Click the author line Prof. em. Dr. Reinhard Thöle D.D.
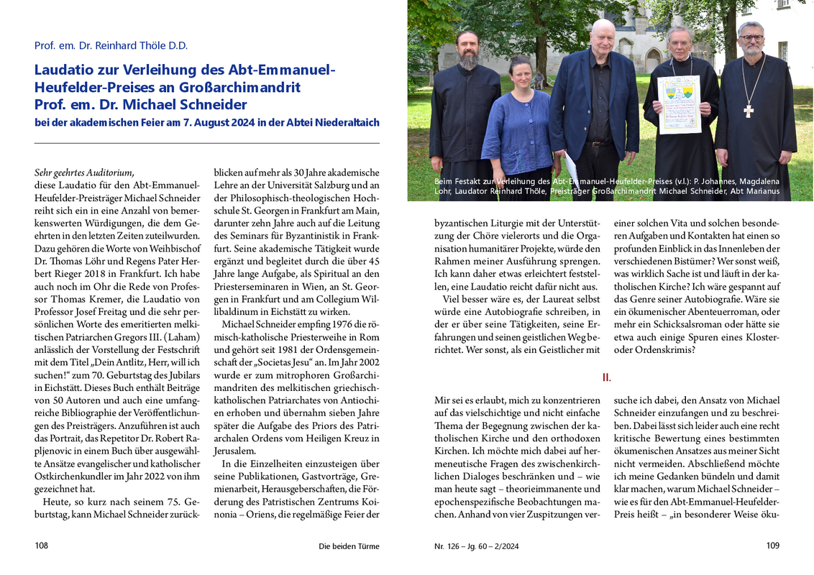pos(111,45)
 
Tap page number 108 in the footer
pos(42,546)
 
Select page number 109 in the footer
pos(772,546)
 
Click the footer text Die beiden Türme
pos(349,546)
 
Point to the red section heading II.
pos(606,377)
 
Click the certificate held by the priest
pos(679,104)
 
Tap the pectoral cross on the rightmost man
pos(749,110)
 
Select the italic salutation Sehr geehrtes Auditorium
pos(84,172)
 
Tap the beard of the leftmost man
pos(469,60)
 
